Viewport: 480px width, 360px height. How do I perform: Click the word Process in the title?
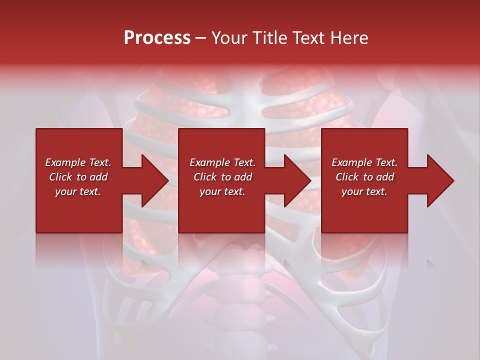(157, 38)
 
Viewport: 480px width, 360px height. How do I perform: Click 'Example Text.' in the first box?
(78, 162)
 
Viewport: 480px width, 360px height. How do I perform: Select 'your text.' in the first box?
(78, 191)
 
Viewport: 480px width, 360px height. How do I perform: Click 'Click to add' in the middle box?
(222, 177)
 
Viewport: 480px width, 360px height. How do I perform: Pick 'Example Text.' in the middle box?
(222, 162)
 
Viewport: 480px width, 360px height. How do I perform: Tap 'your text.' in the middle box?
(222, 191)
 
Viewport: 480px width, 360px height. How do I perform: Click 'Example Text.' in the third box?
(364, 162)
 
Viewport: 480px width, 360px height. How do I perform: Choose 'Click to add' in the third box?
(364, 177)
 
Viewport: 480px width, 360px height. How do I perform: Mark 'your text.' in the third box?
(364, 191)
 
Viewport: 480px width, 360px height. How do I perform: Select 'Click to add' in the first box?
(78, 177)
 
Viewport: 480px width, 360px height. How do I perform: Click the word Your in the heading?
(230, 38)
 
